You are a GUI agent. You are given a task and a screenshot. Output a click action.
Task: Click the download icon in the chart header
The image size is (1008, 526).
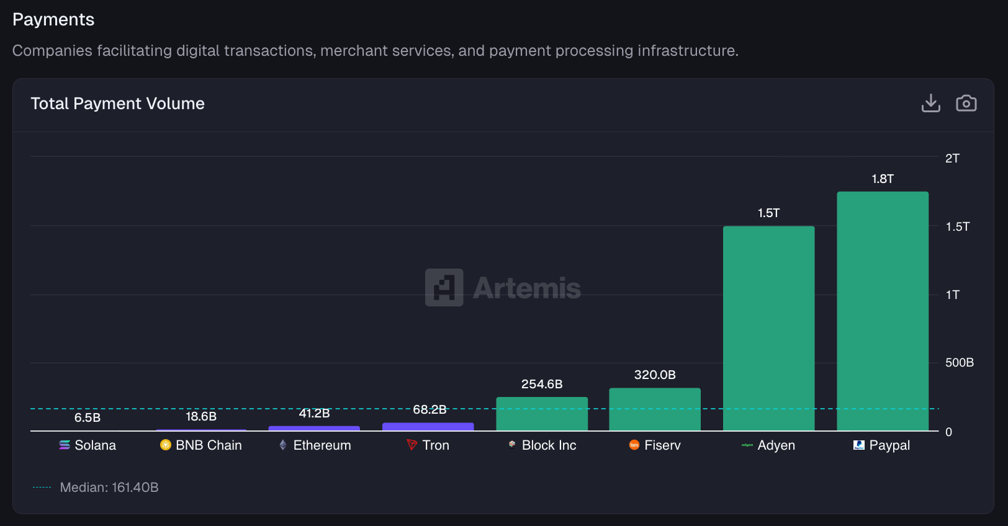click(930, 103)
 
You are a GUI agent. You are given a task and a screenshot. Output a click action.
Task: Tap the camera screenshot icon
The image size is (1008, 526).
click(966, 103)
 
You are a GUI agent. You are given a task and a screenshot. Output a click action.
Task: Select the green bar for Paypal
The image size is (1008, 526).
click(882, 311)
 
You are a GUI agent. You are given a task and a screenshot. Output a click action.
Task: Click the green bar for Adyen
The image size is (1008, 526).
click(768, 328)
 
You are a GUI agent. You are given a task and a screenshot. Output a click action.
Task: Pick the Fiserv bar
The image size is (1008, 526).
click(655, 409)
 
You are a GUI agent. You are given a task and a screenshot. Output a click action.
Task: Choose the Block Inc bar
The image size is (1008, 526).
click(541, 414)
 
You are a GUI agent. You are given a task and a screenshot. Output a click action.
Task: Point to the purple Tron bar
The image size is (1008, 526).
click(428, 427)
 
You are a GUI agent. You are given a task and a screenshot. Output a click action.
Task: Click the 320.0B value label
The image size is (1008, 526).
click(655, 375)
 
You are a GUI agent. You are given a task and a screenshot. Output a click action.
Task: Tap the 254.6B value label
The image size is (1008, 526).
click(542, 384)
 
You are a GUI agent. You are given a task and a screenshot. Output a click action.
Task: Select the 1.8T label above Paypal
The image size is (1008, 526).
click(882, 179)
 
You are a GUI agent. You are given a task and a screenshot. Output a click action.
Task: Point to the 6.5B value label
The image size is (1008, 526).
click(88, 417)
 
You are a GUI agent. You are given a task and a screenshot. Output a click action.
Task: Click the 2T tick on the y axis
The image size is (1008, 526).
click(952, 158)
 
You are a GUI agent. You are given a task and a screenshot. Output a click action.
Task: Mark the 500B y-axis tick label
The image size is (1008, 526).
click(959, 362)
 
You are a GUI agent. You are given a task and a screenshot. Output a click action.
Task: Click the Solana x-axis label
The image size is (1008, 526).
click(95, 445)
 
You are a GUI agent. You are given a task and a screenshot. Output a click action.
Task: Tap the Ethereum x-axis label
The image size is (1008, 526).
click(322, 445)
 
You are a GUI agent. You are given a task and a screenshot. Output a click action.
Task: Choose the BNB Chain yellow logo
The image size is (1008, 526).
click(165, 445)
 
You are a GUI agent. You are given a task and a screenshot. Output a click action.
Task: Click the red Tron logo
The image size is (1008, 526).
click(412, 445)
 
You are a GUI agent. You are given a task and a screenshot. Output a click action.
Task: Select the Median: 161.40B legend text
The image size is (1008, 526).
click(109, 488)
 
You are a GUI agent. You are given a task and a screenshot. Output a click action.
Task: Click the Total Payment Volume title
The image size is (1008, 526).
click(118, 104)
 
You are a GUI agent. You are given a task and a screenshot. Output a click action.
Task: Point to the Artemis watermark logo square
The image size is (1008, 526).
click(444, 287)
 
